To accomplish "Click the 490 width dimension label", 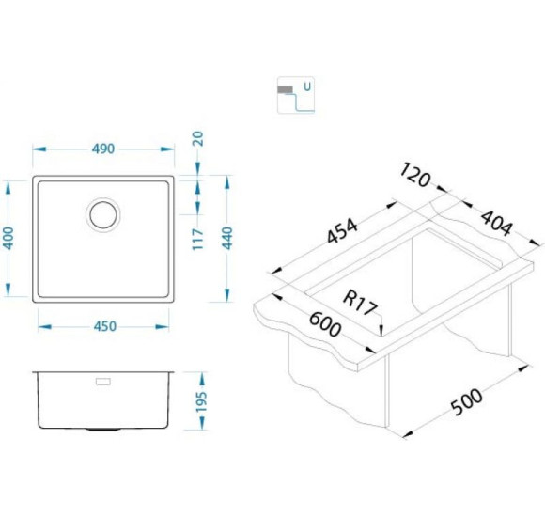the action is [103, 149].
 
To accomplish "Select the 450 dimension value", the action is [105, 326].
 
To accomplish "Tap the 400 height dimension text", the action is [8, 238].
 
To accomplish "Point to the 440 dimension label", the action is [227, 238].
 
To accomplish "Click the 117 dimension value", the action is [197, 239].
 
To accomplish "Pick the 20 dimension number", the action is [197, 139].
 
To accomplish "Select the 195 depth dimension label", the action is [201, 402].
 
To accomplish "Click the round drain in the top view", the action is [102, 214].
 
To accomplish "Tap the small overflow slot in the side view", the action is [102, 382].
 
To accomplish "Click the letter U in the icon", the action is [307, 86].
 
